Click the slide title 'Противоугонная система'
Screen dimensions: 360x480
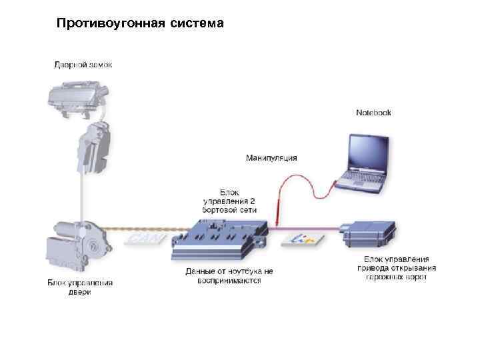[140, 25]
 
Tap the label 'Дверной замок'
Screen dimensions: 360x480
[83, 65]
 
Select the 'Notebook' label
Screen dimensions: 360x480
[373, 113]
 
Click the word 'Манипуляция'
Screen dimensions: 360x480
[271, 158]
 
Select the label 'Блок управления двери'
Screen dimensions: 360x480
[80, 287]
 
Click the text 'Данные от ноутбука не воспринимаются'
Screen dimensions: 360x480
[229, 276]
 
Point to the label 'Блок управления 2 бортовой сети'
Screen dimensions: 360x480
[229, 201]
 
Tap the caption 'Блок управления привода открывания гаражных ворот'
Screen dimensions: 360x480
[396, 267]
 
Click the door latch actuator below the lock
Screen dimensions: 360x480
[92, 150]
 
